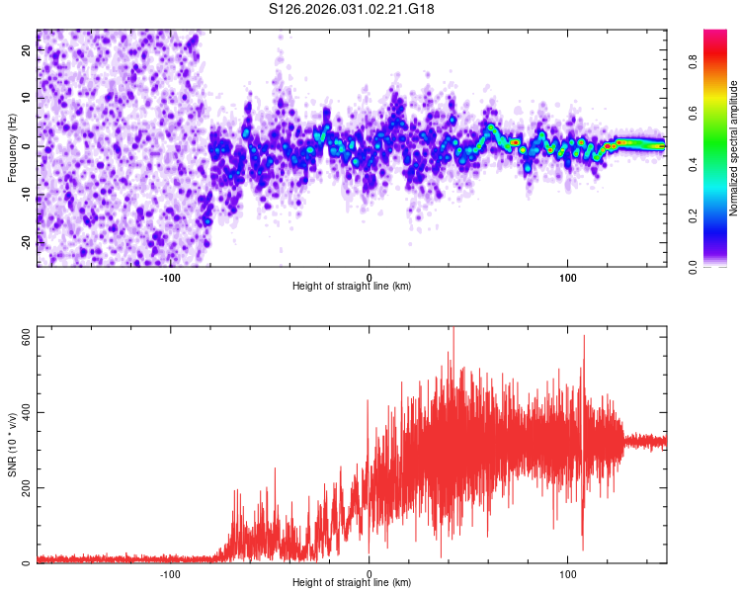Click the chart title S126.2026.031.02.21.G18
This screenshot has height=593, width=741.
coord(352,10)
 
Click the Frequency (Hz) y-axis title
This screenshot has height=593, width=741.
coord(12,148)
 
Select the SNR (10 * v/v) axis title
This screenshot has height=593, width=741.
coord(12,451)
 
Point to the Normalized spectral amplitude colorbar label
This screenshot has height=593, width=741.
coord(734,148)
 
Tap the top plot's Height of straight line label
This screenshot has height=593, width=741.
coord(352,286)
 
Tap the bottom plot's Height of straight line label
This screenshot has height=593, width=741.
coord(352,582)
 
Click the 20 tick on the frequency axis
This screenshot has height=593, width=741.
coord(27,52)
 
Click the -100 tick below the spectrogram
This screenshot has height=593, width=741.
coord(169,277)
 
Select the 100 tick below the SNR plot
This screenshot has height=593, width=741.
coord(568,573)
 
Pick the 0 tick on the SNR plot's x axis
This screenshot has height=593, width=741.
coord(369,573)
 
